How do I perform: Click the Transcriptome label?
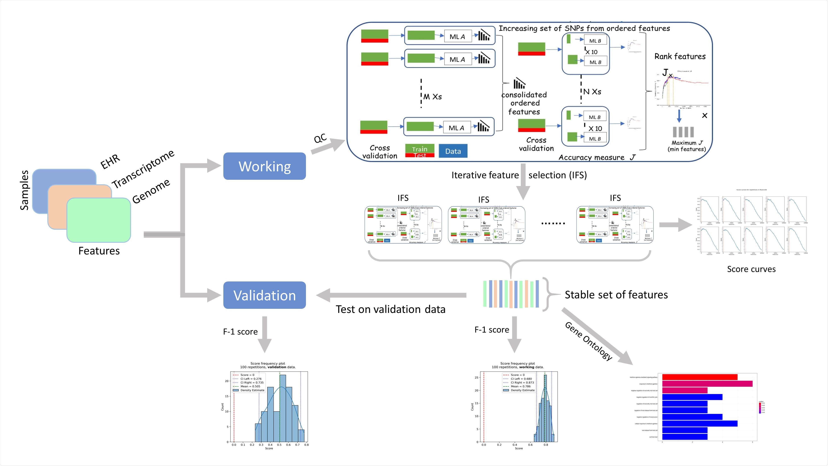(x=143, y=169)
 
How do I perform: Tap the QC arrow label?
(x=320, y=138)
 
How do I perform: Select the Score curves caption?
(x=751, y=269)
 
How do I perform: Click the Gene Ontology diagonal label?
(x=588, y=341)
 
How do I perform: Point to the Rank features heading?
(x=680, y=57)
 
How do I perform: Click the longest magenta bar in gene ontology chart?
(x=707, y=384)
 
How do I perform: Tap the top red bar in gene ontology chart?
(x=699, y=377)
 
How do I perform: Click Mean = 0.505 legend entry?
(x=250, y=386)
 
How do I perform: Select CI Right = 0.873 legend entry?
(x=522, y=382)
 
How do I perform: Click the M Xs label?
(x=432, y=97)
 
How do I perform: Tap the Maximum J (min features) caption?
(x=687, y=146)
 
